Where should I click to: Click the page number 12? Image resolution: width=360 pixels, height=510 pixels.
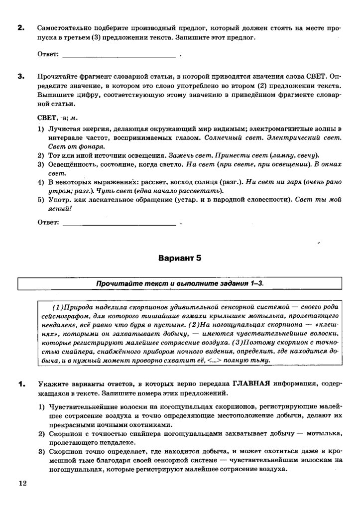(x=22, y=483)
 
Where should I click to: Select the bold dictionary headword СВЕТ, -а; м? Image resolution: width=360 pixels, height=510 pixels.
(x=57, y=118)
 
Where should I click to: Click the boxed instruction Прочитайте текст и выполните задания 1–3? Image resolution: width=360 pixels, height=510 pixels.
(x=179, y=283)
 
